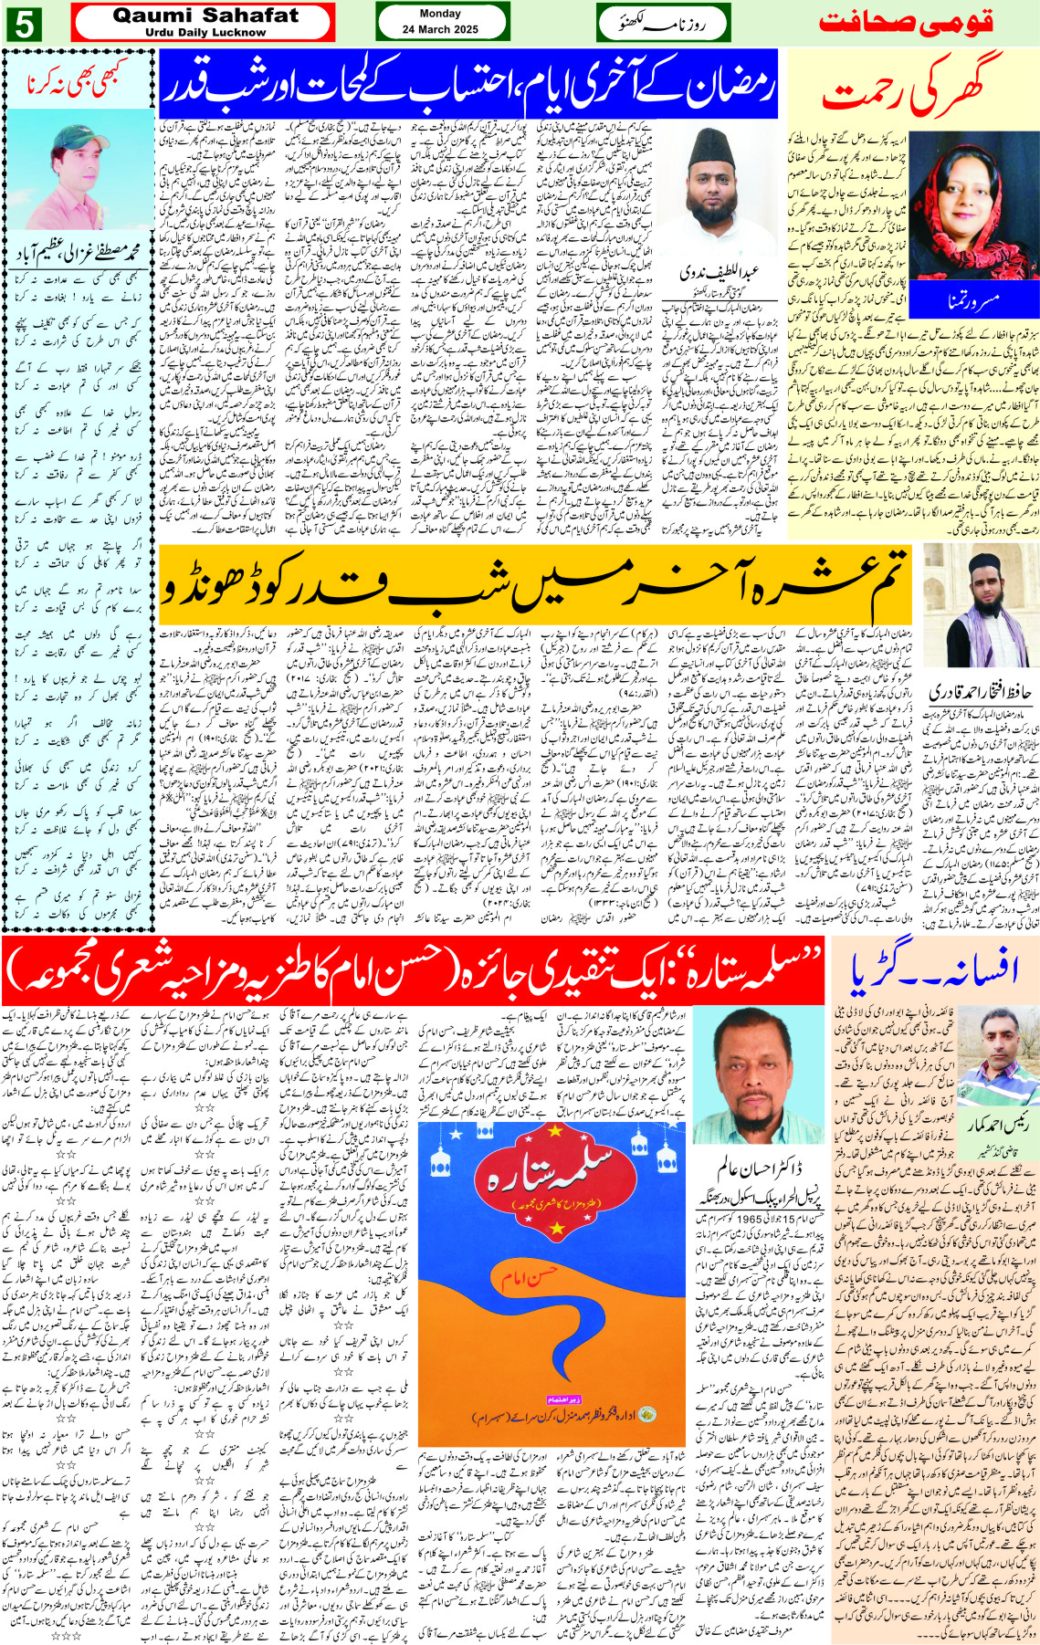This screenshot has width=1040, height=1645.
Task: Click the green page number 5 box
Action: tap(22, 24)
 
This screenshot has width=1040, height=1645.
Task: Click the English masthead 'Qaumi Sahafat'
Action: tap(205, 16)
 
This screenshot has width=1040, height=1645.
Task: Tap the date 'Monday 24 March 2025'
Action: tap(440, 22)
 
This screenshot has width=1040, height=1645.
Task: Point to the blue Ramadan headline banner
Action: tap(467, 85)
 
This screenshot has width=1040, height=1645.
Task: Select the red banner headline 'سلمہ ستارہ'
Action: tap(411, 971)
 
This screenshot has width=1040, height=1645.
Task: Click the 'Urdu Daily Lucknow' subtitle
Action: tap(205, 33)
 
